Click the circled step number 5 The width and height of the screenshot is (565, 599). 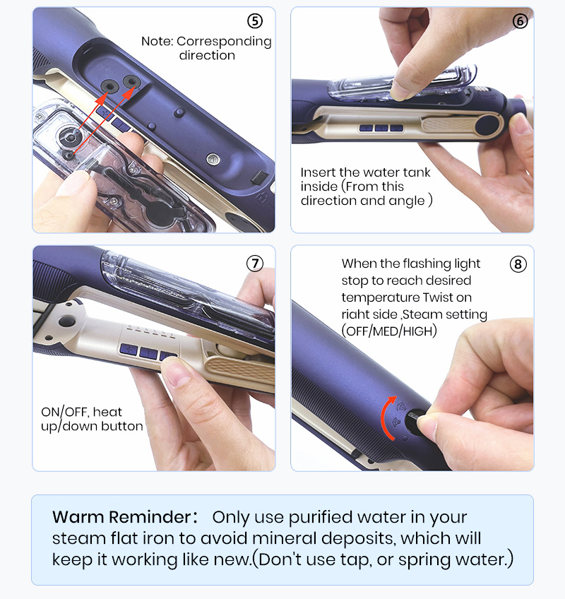tap(255, 21)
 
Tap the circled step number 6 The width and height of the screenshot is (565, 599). tap(520, 21)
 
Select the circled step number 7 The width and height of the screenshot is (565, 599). tap(255, 263)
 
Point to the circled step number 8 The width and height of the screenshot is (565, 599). tap(518, 264)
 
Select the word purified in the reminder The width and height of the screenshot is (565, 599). tap(320, 518)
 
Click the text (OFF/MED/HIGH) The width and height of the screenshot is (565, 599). tap(389, 331)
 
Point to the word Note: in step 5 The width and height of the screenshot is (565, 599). tap(157, 41)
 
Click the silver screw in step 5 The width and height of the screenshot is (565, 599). tap(213, 159)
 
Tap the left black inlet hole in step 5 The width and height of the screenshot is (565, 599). tap(109, 86)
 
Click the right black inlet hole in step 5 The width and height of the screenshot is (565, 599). tap(131, 82)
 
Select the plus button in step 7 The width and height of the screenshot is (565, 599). tap(129, 349)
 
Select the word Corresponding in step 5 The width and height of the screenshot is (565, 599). tap(225, 41)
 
